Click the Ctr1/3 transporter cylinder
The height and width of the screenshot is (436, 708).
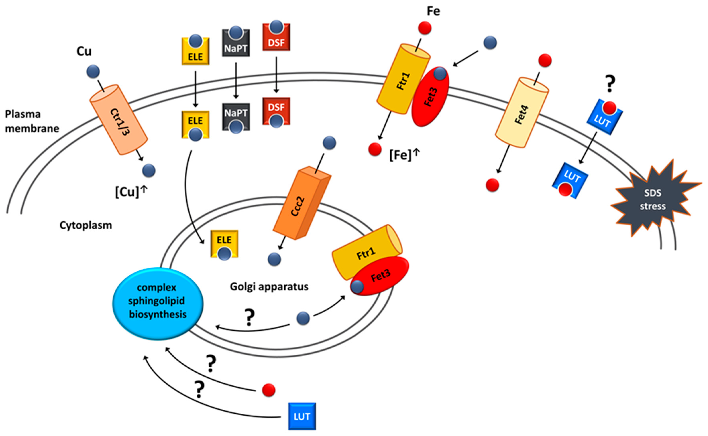tap(119, 120)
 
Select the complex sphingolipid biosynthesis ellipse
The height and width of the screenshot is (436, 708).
tap(158, 304)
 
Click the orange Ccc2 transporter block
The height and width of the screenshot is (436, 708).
tap(302, 203)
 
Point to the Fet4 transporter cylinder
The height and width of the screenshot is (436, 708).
tap(522, 112)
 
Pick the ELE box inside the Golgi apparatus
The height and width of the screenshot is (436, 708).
tap(224, 245)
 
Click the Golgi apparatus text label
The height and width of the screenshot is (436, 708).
tap(269, 287)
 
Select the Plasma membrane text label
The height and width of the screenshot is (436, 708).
tap(32, 121)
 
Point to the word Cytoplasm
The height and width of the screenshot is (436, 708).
tap(86, 225)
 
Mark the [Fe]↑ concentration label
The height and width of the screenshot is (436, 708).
tap(404, 155)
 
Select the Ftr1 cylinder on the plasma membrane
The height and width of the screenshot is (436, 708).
tap(404, 79)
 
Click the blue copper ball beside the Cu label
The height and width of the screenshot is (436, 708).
tap(93, 72)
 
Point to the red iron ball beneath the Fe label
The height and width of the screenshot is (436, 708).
tap(425, 28)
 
